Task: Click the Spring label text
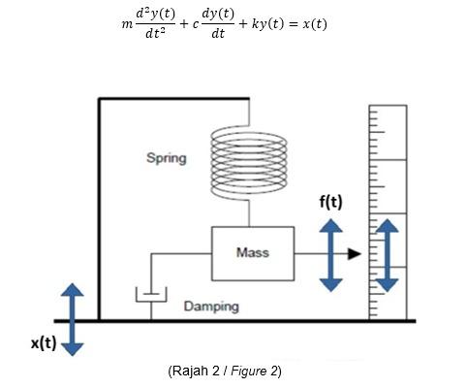point(166,158)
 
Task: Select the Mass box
point(252,253)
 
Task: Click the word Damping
point(211,307)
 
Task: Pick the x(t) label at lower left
point(39,344)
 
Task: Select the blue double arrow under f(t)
point(331,254)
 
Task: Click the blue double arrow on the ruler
point(387,255)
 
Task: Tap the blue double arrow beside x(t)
point(74,319)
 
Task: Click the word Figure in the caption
point(256,372)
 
